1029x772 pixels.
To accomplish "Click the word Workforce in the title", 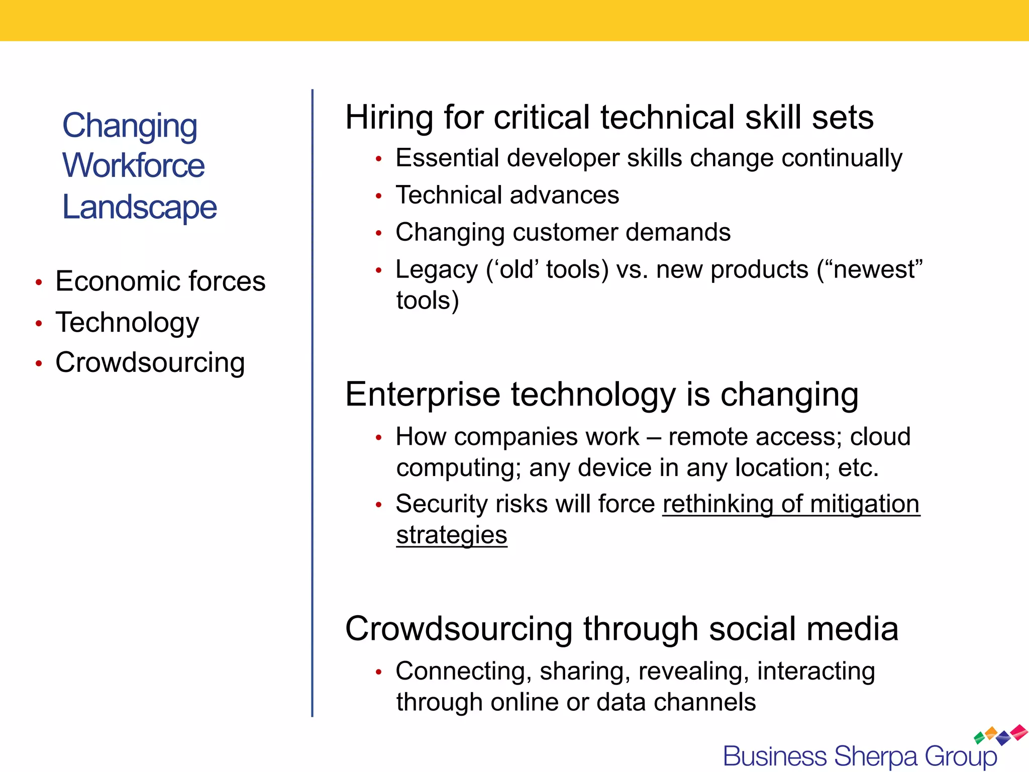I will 133,165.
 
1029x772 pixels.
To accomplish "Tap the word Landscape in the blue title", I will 139,207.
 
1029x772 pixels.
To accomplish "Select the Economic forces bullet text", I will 160,281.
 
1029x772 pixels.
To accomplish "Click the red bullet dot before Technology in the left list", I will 39,324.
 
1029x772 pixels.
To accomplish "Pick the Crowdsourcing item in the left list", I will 150,362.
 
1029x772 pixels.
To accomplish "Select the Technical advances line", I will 507,195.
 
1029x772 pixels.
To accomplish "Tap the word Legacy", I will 436,270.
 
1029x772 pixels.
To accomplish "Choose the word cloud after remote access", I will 880,436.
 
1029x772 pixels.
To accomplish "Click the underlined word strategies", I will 451,535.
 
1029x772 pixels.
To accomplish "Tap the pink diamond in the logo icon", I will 1019,731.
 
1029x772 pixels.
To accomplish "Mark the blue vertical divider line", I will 312,402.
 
